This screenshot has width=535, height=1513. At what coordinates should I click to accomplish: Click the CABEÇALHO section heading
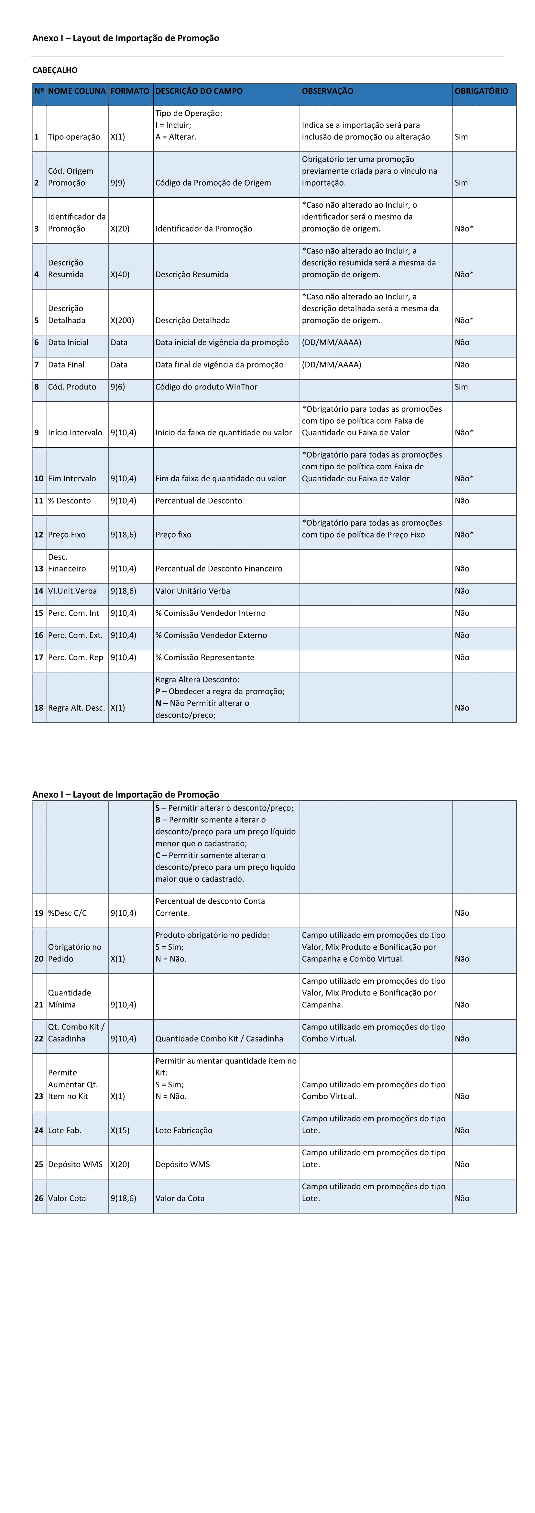[x=55, y=70]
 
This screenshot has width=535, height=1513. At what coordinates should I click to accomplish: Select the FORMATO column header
[x=130, y=91]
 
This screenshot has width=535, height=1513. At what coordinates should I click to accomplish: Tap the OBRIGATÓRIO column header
[x=481, y=91]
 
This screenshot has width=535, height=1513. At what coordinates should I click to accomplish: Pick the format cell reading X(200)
[x=122, y=320]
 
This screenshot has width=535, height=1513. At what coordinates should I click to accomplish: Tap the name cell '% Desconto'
[x=69, y=500]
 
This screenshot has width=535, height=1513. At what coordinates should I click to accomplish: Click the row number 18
[x=39, y=708]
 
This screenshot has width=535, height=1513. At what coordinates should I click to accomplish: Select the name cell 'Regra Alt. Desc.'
[x=76, y=708]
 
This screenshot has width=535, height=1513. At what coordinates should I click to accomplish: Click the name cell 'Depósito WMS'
[x=75, y=1164]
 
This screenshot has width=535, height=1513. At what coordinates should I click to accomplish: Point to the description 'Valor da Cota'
[x=180, y=1198]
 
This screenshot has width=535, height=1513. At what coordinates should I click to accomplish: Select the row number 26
[x=39, y=1198]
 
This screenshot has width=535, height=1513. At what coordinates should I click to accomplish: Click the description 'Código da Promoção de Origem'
[x=213, y=183]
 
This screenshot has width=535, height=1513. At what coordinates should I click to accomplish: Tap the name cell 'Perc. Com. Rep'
[x=75, y=657]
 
